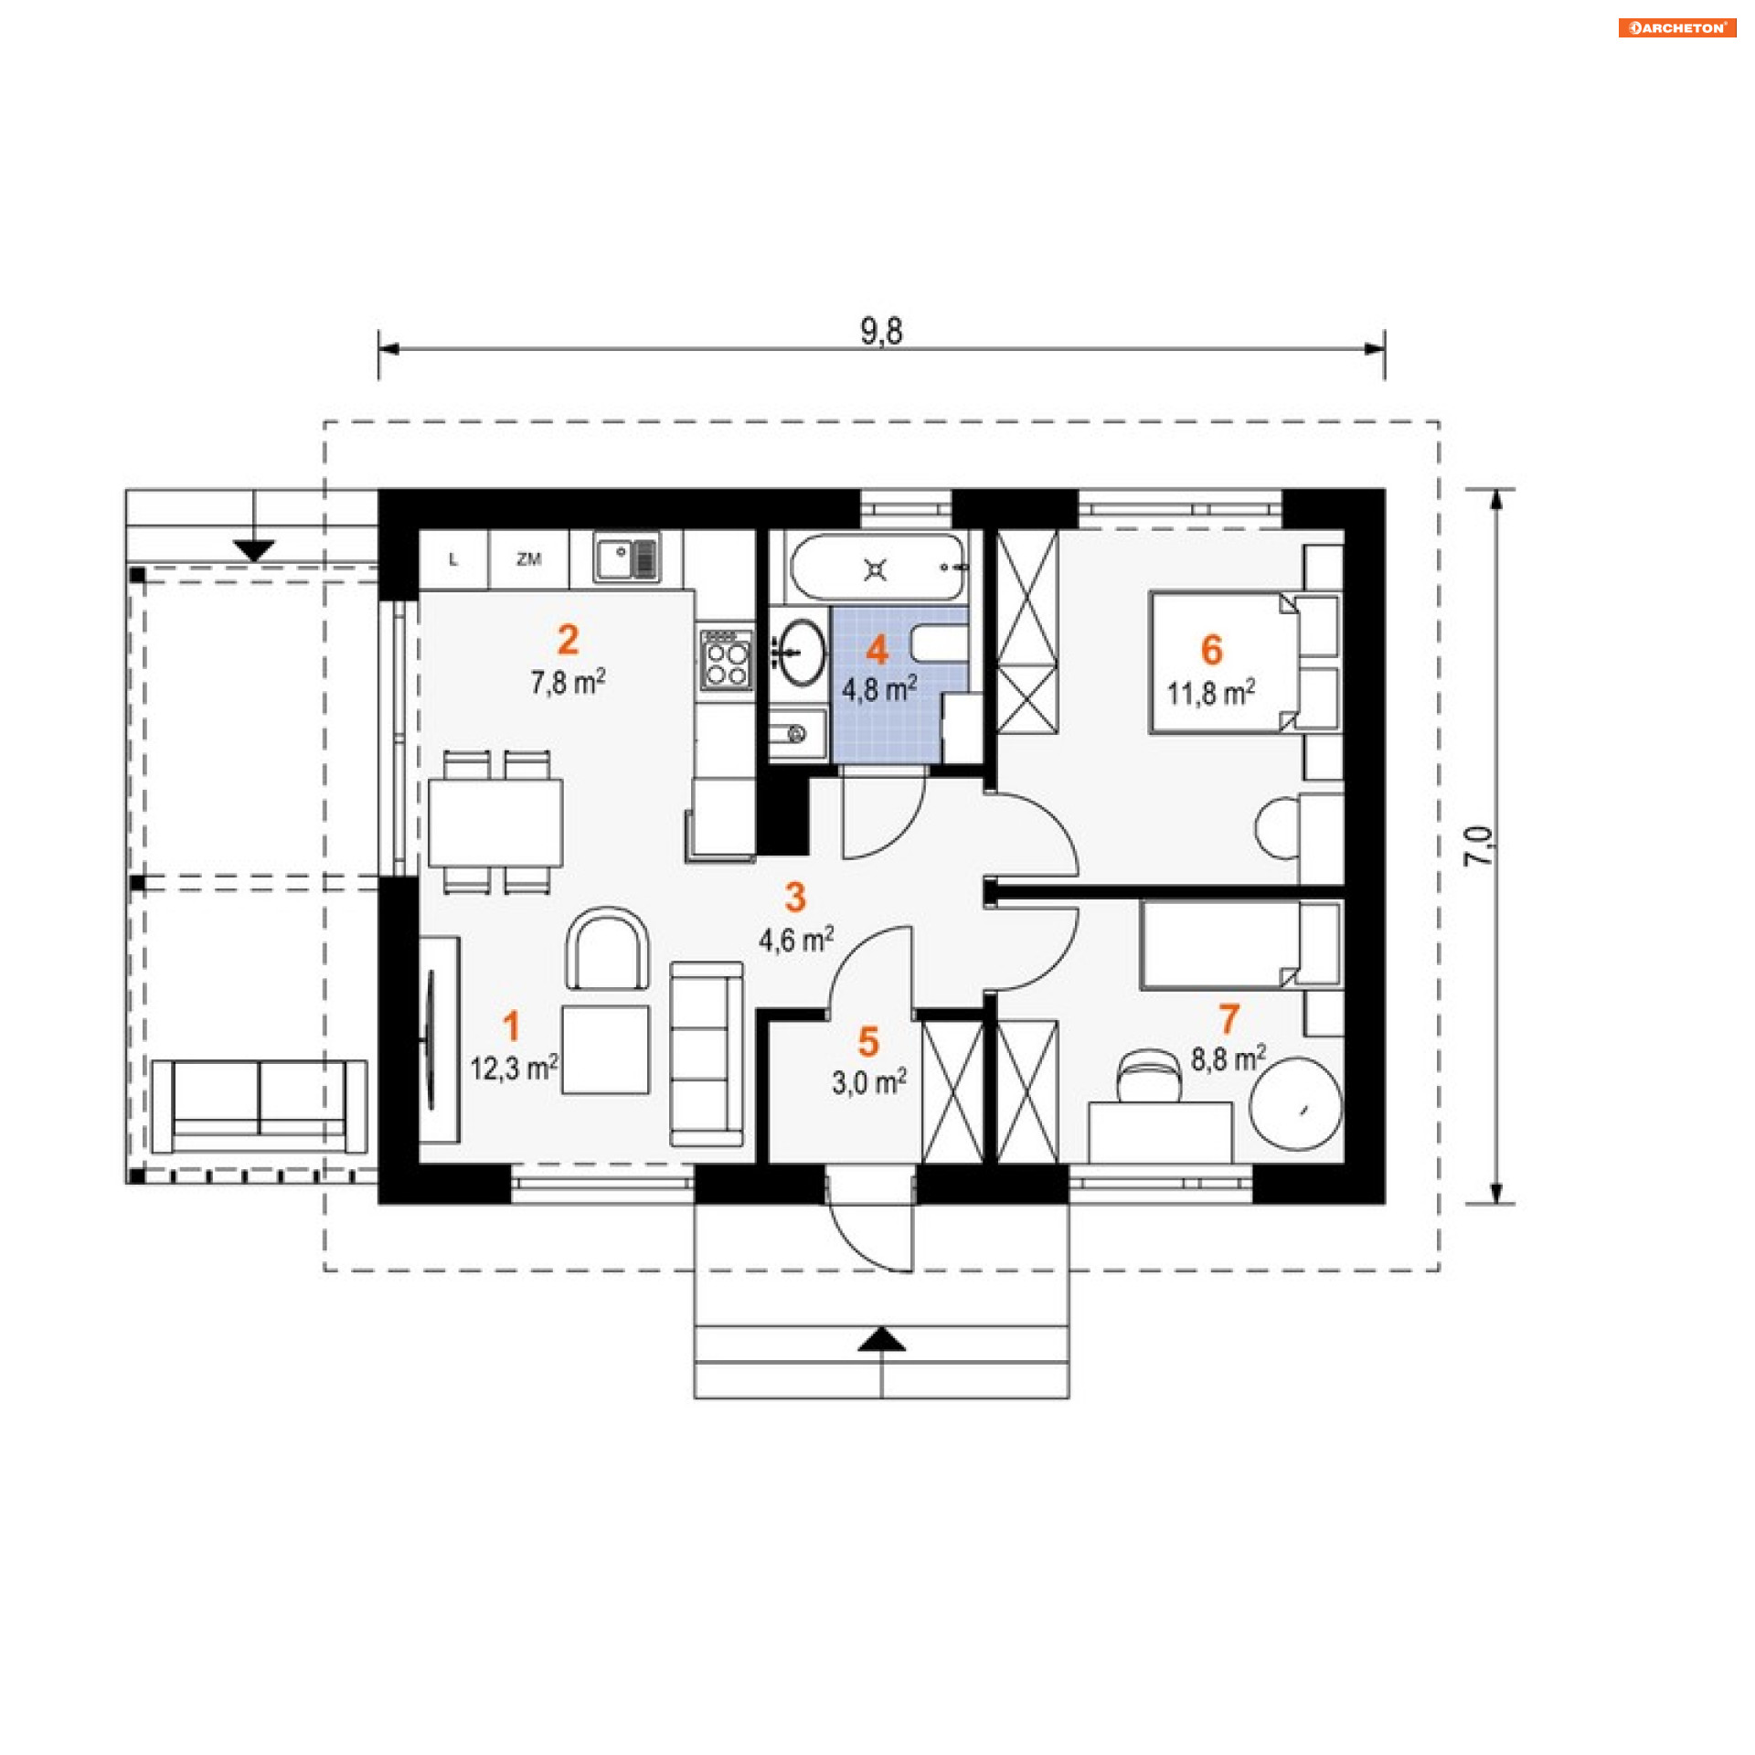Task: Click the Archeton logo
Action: click(x=1677, y=27)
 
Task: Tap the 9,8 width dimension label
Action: click(x=881, y=331)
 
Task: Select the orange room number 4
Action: click(x=877, y=650)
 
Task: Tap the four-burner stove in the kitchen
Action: click(x=728, y=658)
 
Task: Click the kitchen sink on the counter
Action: click(x=626, y=558)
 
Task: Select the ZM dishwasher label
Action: click(x=528, y=558)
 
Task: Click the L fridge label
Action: click(x=453, y=559)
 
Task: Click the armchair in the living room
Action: click(x=608, y=948)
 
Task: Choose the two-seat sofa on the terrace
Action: click(x=260, y=1106)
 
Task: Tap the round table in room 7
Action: click(x=1295, y=1102)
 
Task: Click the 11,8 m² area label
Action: click(x=1211, y=693)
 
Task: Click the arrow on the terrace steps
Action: click(x=253, y=550)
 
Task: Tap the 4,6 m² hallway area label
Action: click(x=796, y=939)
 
